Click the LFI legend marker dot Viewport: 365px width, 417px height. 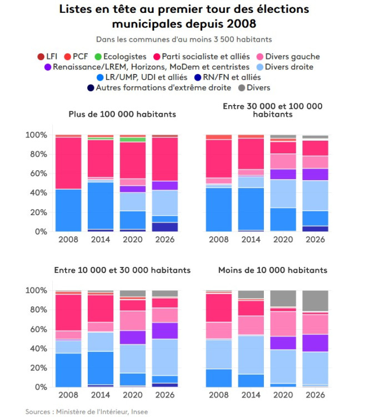tap(40, 57)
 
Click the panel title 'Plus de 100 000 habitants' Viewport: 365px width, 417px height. tap(122, 114)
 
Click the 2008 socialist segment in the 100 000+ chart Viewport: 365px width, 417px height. tap(68, 163)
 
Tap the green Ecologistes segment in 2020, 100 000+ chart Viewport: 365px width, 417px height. tap(132, 140)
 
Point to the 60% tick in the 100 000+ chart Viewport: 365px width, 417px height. tap(36, 173)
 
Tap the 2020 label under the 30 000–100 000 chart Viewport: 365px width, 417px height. tap(283, 240)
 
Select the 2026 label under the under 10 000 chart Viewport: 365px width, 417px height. tap(315, 396)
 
